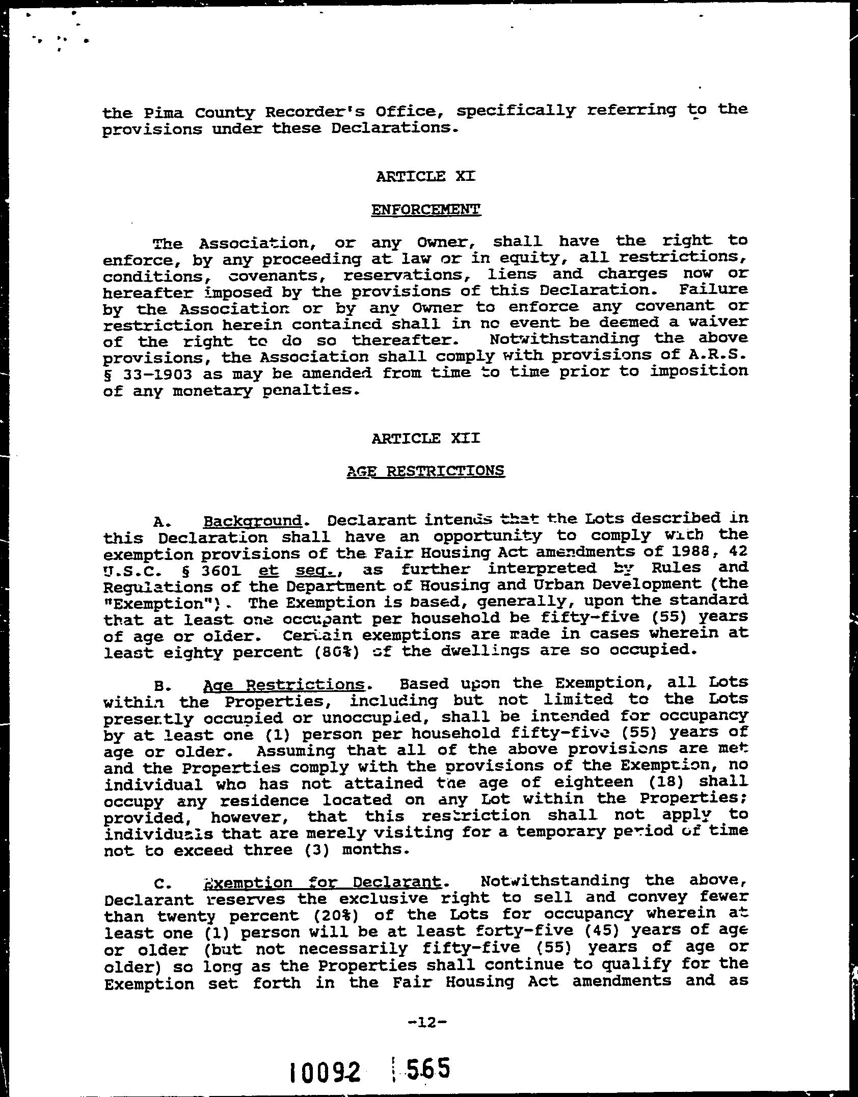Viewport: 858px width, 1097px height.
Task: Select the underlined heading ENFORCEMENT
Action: point(426,209)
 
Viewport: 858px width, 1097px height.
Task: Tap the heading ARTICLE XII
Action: point(425,438)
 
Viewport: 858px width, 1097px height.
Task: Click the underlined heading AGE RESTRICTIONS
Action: point(425,471)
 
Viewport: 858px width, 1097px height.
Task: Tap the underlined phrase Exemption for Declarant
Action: point(322,881)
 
